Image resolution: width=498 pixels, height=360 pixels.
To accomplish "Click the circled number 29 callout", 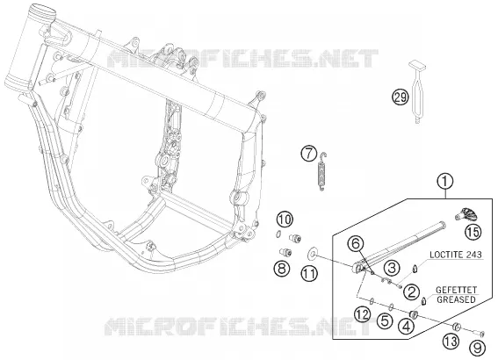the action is (400, 97).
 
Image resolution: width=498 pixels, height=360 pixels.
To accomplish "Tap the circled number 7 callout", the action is (309, 154).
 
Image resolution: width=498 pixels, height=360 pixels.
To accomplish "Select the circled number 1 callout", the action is (445, 182).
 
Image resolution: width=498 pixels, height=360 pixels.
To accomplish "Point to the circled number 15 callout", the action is (473, 232).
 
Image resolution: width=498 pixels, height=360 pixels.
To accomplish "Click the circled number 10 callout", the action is (285, 220).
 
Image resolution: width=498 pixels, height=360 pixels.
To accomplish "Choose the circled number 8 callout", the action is (282, 269).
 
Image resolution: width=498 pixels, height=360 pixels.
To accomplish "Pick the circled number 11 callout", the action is (309, 274).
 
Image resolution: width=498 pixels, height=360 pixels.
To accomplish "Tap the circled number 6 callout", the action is (356, 244).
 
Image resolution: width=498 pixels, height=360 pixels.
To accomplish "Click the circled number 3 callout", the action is (392, 268).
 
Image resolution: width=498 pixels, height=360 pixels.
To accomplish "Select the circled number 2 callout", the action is (411, 292).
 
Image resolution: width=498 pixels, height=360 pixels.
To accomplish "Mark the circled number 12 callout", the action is (363, 314).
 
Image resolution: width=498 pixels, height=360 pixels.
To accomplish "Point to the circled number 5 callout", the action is (385, 321).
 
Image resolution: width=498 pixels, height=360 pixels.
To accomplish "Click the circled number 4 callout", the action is (407, 326).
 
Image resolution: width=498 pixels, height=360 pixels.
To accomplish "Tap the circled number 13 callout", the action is (451, 342).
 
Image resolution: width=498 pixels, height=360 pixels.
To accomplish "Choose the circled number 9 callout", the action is (477, 348).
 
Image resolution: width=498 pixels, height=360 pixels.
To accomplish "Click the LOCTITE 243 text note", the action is (456, 255).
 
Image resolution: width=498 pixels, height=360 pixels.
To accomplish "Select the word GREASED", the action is (456, 299).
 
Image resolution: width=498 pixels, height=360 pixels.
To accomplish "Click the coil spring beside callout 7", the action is (321, 171).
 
